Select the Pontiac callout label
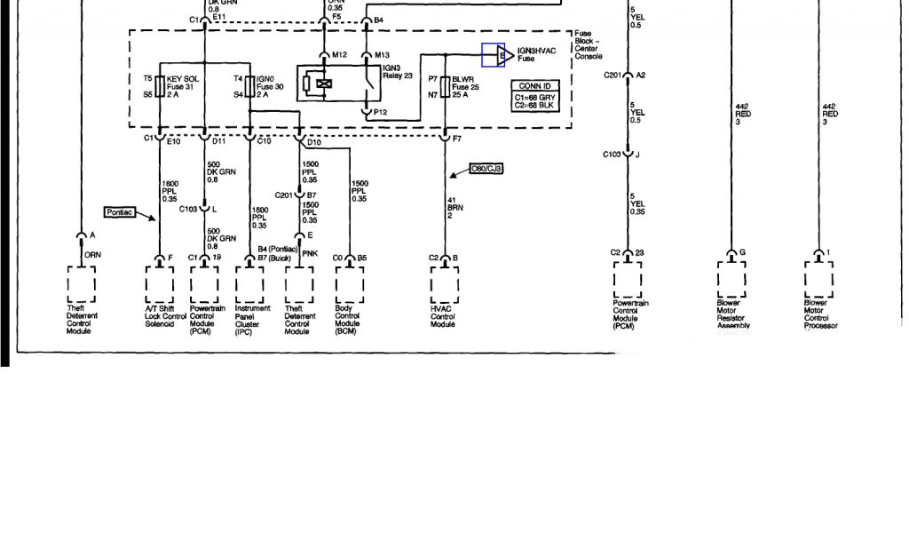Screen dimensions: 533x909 point(119,213)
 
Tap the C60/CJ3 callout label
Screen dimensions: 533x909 point(488,168)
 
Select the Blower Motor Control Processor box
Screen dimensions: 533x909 point(818,278)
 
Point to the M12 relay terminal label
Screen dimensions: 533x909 point(339,55)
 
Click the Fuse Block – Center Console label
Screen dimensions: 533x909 point(587,44)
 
